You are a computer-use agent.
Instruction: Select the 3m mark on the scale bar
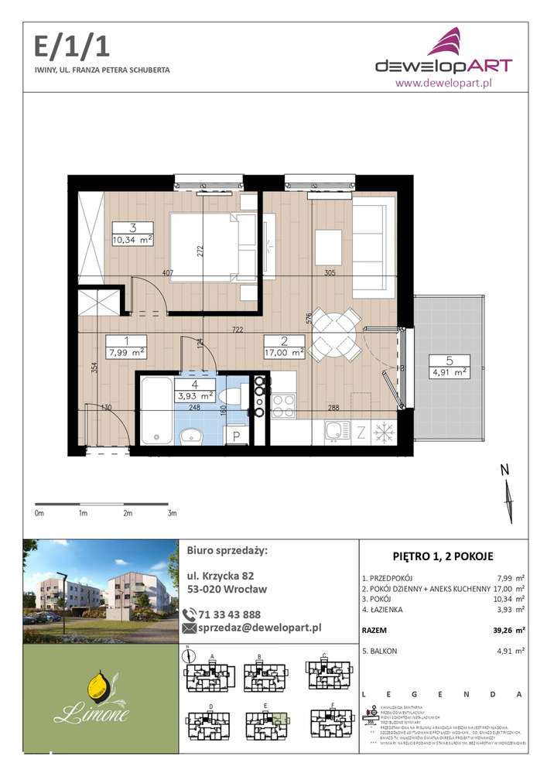(173, 513)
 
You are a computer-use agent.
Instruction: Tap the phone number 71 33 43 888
(230, 614)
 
